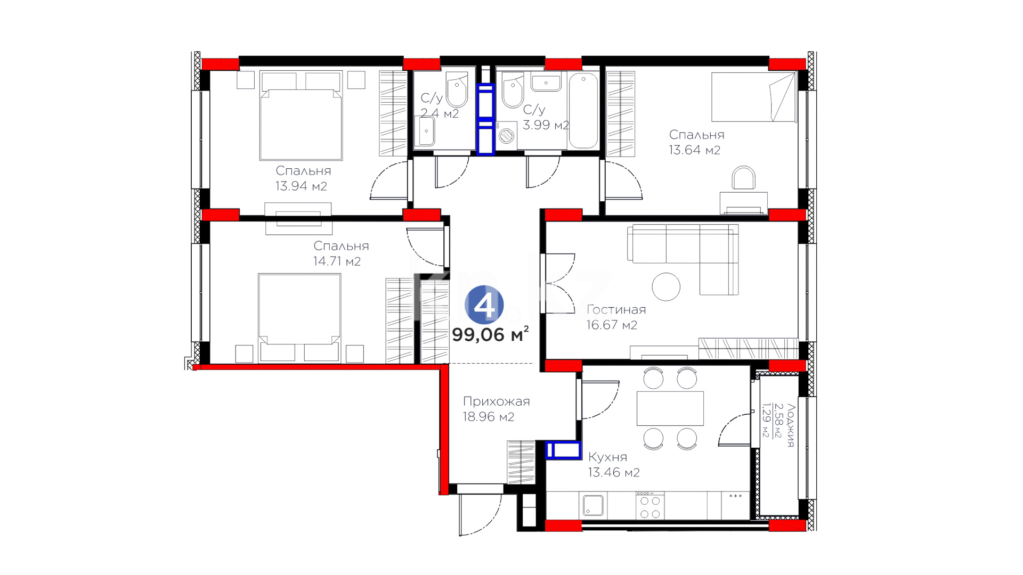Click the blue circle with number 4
pyautogui.click(x=484, y=305)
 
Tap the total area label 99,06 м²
pyautogui.click(x=490, y=334)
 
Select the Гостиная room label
pyautogui.click(x=616, y=309)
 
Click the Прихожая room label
pyautogui.click(x=496, y=401)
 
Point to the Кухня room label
pyautogui.click(x=607, y=457)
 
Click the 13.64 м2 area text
pyautogui.click(x=694, y=150)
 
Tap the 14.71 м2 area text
pyautogui.click(x=337, y=261)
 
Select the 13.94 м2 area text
pyautogui.click(x=301, y=186)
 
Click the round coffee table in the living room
pyautogui.click(x=666, y=286)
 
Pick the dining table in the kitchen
pyautogui.click(x=670, y=408)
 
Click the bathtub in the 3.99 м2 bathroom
pyautogui.click(x=583, y=111)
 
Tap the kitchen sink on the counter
pyautogui.click(x=592, y=505)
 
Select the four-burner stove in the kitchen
pyautogui.click(x=650, y=505)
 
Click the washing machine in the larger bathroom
pyautogui.click(x=506, y=135)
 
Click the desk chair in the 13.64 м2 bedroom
pyautogui.click(x=743, y=178)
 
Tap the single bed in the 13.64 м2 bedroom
pyautogui.click(x=754, y=97)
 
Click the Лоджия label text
pyautogui.click(x=791, y=425)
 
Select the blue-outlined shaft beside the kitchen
pyautogui.click(x=563, y=450)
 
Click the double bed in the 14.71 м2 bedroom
pyautogui.click(x=299, y=318)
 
